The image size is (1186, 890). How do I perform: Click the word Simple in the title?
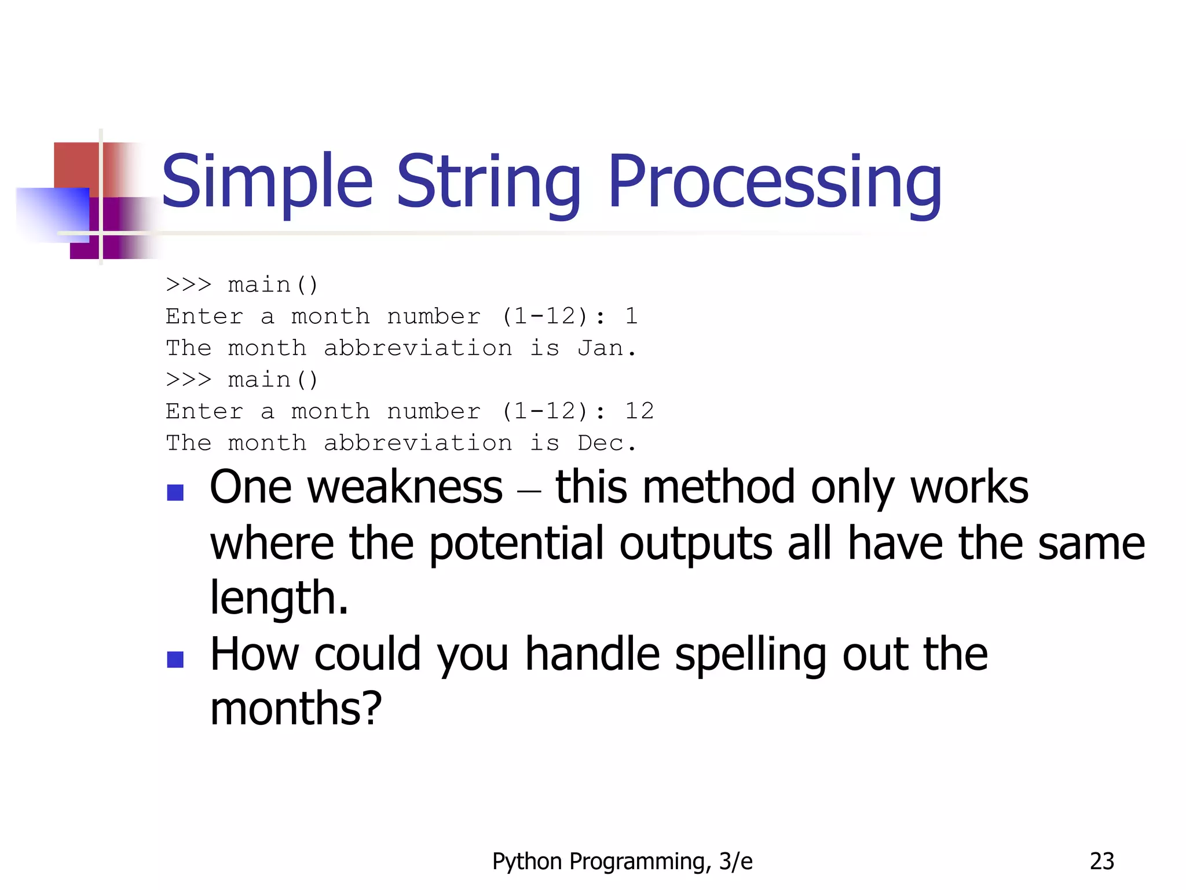pos(267,182)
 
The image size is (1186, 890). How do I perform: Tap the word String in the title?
pos(488,182)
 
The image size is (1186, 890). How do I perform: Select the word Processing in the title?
pos(774,182)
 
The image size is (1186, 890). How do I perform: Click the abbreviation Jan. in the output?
pos(606,348)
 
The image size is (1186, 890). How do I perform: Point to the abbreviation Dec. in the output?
pos(606,443)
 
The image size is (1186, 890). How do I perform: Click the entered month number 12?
pos(639,411)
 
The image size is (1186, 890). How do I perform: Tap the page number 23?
pos(1101,862)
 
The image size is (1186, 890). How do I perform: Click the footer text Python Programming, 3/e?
pos(622,862)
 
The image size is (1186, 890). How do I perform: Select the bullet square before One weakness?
pos(175,493)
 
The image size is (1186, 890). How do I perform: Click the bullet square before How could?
pos(175,659)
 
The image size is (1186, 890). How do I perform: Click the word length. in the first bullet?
pos(279,598)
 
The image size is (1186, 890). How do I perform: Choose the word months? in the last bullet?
pos(296,709)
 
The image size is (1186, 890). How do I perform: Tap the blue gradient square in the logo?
pos(52,213)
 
